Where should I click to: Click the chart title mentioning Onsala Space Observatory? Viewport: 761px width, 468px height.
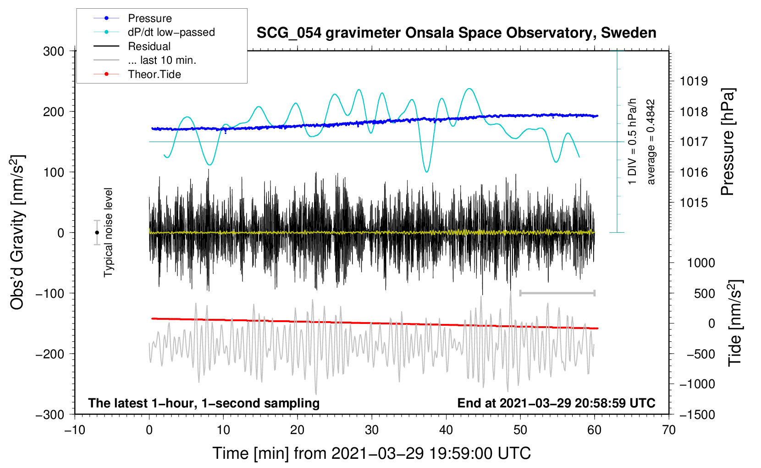tap(456, 33)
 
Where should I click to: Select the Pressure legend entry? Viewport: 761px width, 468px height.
tap(133, 18)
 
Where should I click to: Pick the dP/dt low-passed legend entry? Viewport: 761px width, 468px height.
tap(154, 32)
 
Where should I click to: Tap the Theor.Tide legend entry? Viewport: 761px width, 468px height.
tap(137, 74)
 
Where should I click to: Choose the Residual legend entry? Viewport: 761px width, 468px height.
tap(132, 46)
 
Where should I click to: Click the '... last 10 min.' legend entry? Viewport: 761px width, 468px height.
tap(145, 60)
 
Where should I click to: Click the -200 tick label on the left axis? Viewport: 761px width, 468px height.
tap(50, 354)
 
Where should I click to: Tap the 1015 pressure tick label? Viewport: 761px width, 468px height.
tap(694, 203)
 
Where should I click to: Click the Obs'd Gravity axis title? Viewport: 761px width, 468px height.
tap(17, 232)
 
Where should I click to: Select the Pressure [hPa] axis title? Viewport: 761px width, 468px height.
tap(728, 142)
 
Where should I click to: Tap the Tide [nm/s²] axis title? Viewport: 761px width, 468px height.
tap(735, 323)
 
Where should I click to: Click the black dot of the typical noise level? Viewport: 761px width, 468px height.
tap(97, 233)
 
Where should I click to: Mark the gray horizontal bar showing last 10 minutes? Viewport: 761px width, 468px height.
tap(557, 293)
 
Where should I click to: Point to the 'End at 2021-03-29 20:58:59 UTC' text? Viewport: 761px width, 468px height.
tap(556, 403)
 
